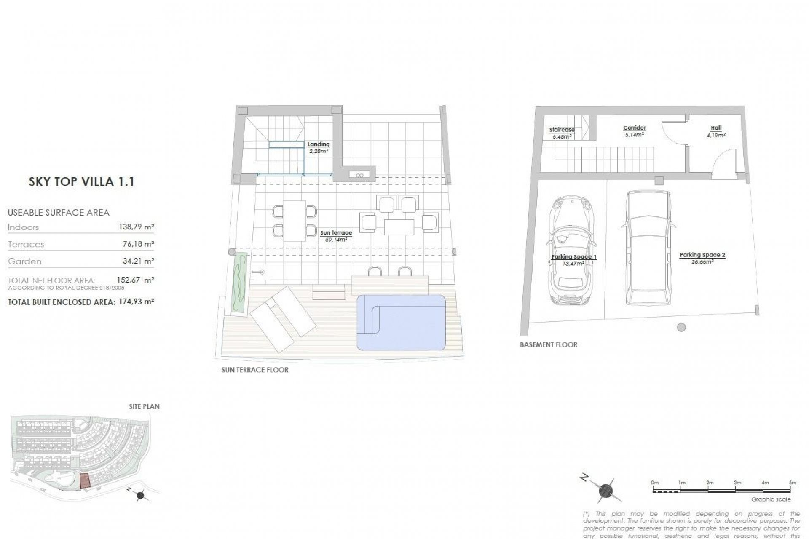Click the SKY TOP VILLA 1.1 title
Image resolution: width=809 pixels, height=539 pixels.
pyautogui.click(x=81, y=182)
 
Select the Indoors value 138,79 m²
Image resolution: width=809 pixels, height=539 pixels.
pyautogui.click(x=137, y=227)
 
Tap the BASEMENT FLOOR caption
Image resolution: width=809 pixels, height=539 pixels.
pyautogui.click(x=548, y=345)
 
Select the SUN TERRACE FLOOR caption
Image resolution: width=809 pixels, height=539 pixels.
pyautogui.click(x=255, y=370)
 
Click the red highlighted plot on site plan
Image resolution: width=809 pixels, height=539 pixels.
pyautogui.click(x=85, y=480)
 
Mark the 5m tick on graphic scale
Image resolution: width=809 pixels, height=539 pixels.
pyautogui.click(x=793, y=483)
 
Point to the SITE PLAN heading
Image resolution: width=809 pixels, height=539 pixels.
pyautogui.click(x=144, y=407)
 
